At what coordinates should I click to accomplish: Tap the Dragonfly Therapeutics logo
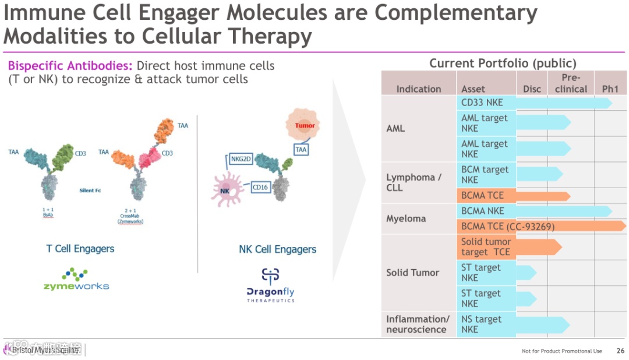click(x=271, y=285)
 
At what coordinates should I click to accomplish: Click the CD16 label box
click(x=260, y=188)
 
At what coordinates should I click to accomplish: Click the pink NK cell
click(x=227, y=191)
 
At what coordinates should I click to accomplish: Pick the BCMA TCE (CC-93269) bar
click(x=542, y=226)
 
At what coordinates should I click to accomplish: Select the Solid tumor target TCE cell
click(x=486, y=247)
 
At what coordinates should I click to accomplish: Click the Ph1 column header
click(x=610, y=89)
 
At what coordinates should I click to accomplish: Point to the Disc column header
click(x=531, y=89)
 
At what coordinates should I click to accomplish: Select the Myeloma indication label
click(x=406, y=218)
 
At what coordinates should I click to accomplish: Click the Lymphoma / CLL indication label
click(x=414, y=182)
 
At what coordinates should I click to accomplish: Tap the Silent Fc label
click(x=91, y=190)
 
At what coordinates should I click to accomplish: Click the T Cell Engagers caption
click(x=80, y=249)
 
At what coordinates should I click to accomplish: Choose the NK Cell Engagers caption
click(x=278, y=249)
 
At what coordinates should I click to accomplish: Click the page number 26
click(x=620, y=351)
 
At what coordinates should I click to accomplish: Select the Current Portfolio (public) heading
click(x=503, y=63)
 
